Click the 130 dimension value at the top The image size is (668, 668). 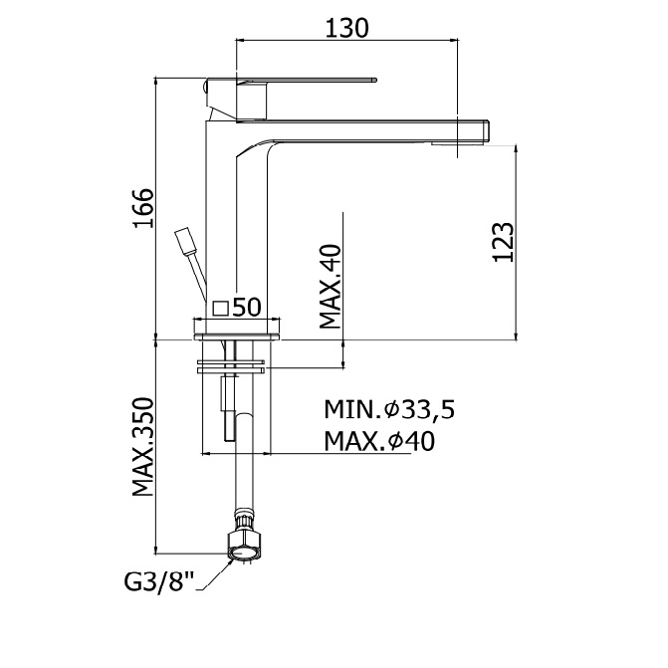[346, 28]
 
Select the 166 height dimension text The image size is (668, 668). [143, 208]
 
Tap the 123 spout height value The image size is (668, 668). [503, 242]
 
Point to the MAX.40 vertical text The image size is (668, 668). [331, 287]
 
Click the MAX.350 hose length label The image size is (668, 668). [142, 447]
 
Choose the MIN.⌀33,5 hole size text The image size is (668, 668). [389, 409]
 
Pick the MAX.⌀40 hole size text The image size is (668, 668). [379, 441]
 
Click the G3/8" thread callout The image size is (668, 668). [159, 581]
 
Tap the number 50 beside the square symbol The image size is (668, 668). [247, 307]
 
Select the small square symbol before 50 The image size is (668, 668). [221, 308]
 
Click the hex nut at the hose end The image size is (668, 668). [244, 546]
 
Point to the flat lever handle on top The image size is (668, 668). [291, 80]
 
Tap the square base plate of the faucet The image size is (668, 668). [237, 336]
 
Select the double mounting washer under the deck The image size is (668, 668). [231, 366]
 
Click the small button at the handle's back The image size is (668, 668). [204, 88]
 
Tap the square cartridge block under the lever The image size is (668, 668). [251, 101]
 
